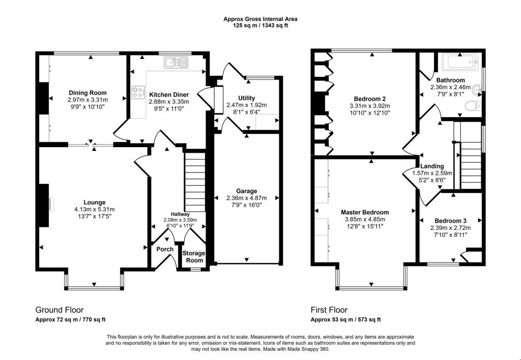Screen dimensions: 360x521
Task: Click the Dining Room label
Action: [x=88, y=93]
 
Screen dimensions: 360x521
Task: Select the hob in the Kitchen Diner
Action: [x=138, y=92]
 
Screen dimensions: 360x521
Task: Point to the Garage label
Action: [x=246, y=191]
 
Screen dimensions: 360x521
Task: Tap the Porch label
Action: [x=165, y=249]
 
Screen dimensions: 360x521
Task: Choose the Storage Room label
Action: [x=194, y=257]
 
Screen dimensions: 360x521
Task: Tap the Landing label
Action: [x=431, y=166]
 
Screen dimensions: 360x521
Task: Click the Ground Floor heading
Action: [x=59, y=310]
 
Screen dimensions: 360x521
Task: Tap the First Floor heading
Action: [x=329, y=310]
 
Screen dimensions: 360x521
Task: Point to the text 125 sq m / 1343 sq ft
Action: [x=260, y=25]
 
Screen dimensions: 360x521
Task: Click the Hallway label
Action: [x=180, y=214]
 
